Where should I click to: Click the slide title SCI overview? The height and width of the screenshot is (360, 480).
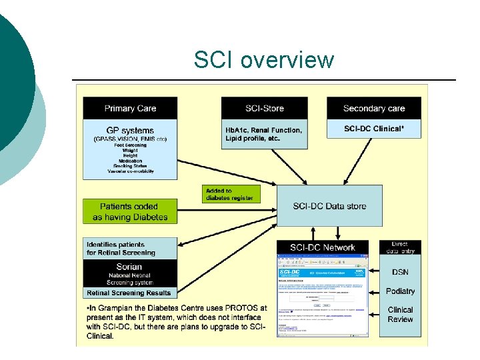pyautogui.click(x=263, y=60)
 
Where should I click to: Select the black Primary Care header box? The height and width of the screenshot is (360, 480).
pyautogui.click(x=131, y=108)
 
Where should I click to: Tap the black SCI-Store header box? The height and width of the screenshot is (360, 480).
pyautogui.click(x=264, y=108)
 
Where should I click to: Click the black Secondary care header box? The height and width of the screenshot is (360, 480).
pyautogui.click(x=373, y=108)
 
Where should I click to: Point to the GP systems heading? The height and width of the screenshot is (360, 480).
pyautogui.click(x=131, y=130)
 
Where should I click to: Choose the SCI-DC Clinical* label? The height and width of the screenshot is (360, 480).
pyautogui.click(x=373, y=129)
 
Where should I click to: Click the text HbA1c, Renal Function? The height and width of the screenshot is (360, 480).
pyautogui.click(x=263, y=130)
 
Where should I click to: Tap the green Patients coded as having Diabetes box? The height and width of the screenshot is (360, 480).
pyautogui.click(x=131, y=212)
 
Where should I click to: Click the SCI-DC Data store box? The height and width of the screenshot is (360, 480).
pyautogui.click(x=329, y=206)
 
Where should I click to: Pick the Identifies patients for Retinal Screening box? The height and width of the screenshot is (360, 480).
pyautogui.click(x=131, y=249)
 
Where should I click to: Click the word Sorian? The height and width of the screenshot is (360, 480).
pyautogui.click(x=129, y=267)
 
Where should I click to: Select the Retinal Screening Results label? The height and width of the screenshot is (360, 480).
pyautogui.click(x=129, y=293)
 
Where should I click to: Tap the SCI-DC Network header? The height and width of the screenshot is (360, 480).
pyautogui.click(x=323, y=247)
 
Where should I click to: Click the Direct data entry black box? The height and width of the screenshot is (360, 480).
pyautogui.click(x=400, y=248)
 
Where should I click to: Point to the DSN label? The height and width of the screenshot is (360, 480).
pyautogui.click(x=400, y=272)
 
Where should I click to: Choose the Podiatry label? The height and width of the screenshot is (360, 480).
pyautogui.click(x=400, y=291)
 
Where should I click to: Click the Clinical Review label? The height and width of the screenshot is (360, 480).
pyautogui.click(x=400, y=315)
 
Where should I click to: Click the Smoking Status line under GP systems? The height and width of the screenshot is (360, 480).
pyautogui.click(x=131, y=165)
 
